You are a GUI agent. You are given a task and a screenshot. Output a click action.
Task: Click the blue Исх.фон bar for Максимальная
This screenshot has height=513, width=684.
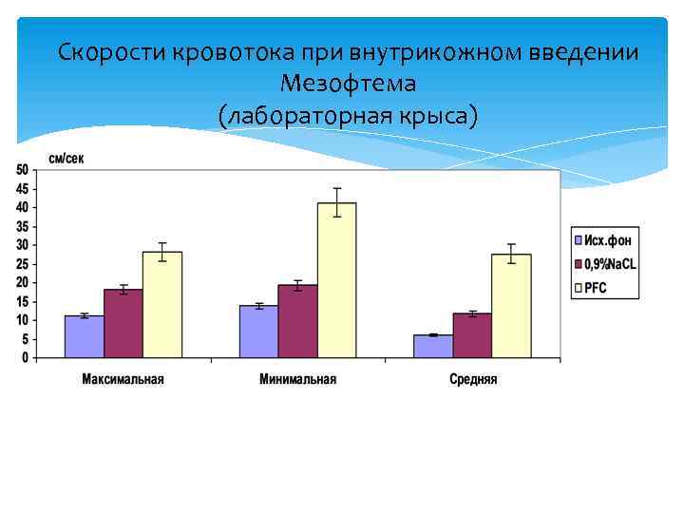point(85,336)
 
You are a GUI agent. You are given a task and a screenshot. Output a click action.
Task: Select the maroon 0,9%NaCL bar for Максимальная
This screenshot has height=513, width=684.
point(123,323)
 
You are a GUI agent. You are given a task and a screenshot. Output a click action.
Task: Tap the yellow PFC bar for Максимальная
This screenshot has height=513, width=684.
point(162,305)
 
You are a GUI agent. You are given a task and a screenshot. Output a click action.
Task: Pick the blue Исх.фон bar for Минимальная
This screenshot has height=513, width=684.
point(258,332)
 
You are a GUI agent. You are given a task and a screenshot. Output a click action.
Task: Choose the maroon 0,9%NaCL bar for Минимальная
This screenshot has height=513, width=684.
point(297,321)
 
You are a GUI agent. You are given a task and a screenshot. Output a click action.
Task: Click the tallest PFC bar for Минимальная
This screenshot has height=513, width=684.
point(336,280)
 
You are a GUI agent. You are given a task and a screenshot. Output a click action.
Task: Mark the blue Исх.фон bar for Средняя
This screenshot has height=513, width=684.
point(433,346)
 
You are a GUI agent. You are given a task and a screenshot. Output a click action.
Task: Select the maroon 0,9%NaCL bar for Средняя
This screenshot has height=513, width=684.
point(472,335)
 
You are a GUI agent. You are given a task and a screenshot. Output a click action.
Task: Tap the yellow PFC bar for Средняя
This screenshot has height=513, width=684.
point(511,306)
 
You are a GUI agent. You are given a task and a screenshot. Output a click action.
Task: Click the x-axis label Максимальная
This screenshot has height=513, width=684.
point(123,379)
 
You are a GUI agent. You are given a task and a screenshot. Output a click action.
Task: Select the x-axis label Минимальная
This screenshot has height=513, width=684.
point(297,379)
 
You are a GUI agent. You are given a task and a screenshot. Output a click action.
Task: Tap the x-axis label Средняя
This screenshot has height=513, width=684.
point(472,379)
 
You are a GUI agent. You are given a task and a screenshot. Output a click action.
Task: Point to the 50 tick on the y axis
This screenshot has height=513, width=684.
point(22,170)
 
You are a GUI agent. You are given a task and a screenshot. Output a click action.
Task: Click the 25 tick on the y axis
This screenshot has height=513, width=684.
point(22,264)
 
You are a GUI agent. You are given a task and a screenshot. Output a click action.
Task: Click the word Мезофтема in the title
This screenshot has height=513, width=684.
point(349,84)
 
